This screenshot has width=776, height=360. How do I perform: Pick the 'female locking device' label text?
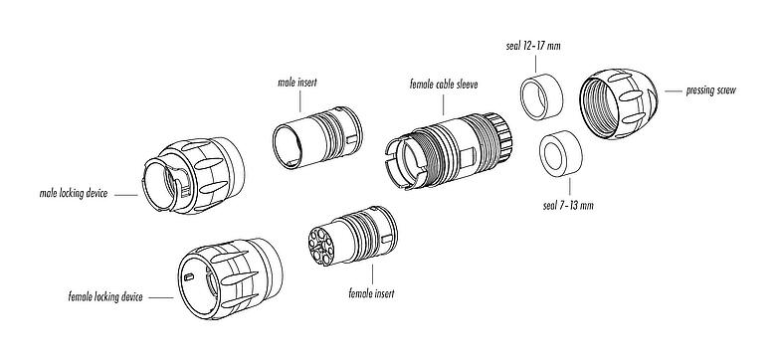tap(105, 297)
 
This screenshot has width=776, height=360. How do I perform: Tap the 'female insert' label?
tap(371, 294)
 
